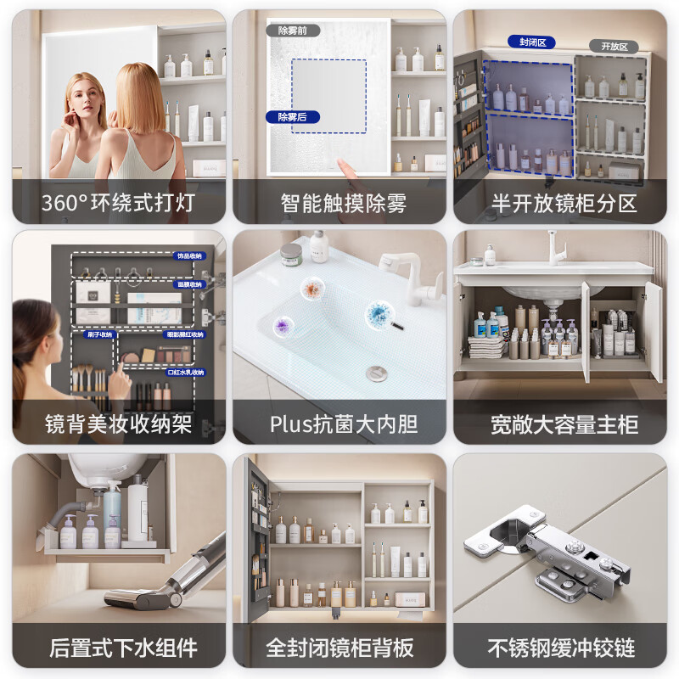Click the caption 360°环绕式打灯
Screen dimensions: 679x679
[119, 204]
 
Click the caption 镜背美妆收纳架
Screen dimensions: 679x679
[119, 424]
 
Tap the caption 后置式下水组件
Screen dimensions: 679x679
[119, 648]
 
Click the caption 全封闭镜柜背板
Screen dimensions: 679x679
[339, 648]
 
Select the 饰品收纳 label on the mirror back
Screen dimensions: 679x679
[188, 255]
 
